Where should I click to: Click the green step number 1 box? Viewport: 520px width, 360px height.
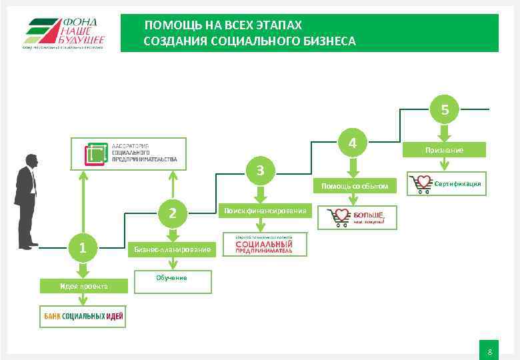coord(82,248)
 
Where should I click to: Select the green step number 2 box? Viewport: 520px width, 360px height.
coord(173,213)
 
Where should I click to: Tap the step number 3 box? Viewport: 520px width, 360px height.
coord(261,170)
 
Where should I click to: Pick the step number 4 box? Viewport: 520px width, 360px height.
coord(353,143)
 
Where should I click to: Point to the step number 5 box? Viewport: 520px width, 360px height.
coord(445,110)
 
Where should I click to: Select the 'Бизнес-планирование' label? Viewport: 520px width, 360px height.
coord(172,249)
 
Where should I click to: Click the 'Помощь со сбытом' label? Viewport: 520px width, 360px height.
coord(354,185)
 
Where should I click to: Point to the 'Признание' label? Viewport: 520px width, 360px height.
coord(445,151)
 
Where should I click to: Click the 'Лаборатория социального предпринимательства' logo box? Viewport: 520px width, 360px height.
coord(129,154)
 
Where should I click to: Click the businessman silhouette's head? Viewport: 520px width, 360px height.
coord(31,161)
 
